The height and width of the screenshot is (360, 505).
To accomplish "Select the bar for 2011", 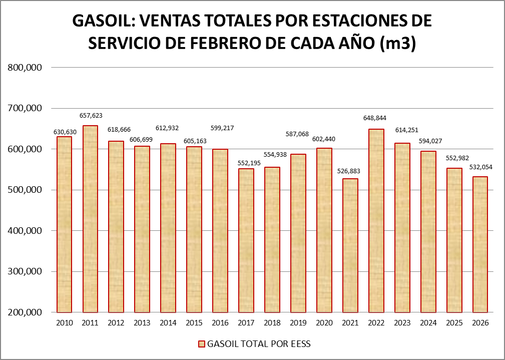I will [x=90, y=219].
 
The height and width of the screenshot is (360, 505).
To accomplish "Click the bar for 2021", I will [x=350, y=245].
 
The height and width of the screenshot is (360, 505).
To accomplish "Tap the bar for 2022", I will [x=376, y=220].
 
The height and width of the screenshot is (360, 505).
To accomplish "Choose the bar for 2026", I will [x=480, y=244].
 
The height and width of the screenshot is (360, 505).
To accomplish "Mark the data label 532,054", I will [x=480, y=167].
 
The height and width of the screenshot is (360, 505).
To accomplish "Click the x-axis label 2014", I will [x=168, y=323].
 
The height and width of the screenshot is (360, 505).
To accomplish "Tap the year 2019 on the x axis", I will [x=298, y=323].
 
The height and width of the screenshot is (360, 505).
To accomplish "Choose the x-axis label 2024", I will [x=428, y=323].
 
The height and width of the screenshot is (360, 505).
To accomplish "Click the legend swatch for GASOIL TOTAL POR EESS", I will [x=202, y=344].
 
